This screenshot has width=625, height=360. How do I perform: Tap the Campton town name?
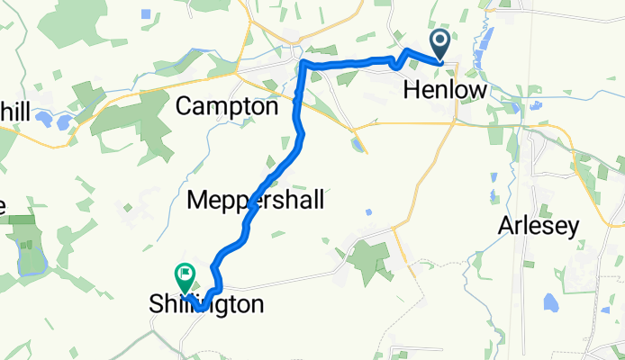coord(226,106)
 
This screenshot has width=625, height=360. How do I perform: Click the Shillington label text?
coord(207,305)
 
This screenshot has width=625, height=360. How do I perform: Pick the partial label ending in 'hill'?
coord(14,112)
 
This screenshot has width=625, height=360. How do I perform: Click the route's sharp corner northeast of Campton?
coord(303,64)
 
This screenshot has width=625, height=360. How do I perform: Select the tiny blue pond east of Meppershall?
coord(369,211)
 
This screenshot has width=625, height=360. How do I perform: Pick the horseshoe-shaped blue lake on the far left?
coord(31,262)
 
